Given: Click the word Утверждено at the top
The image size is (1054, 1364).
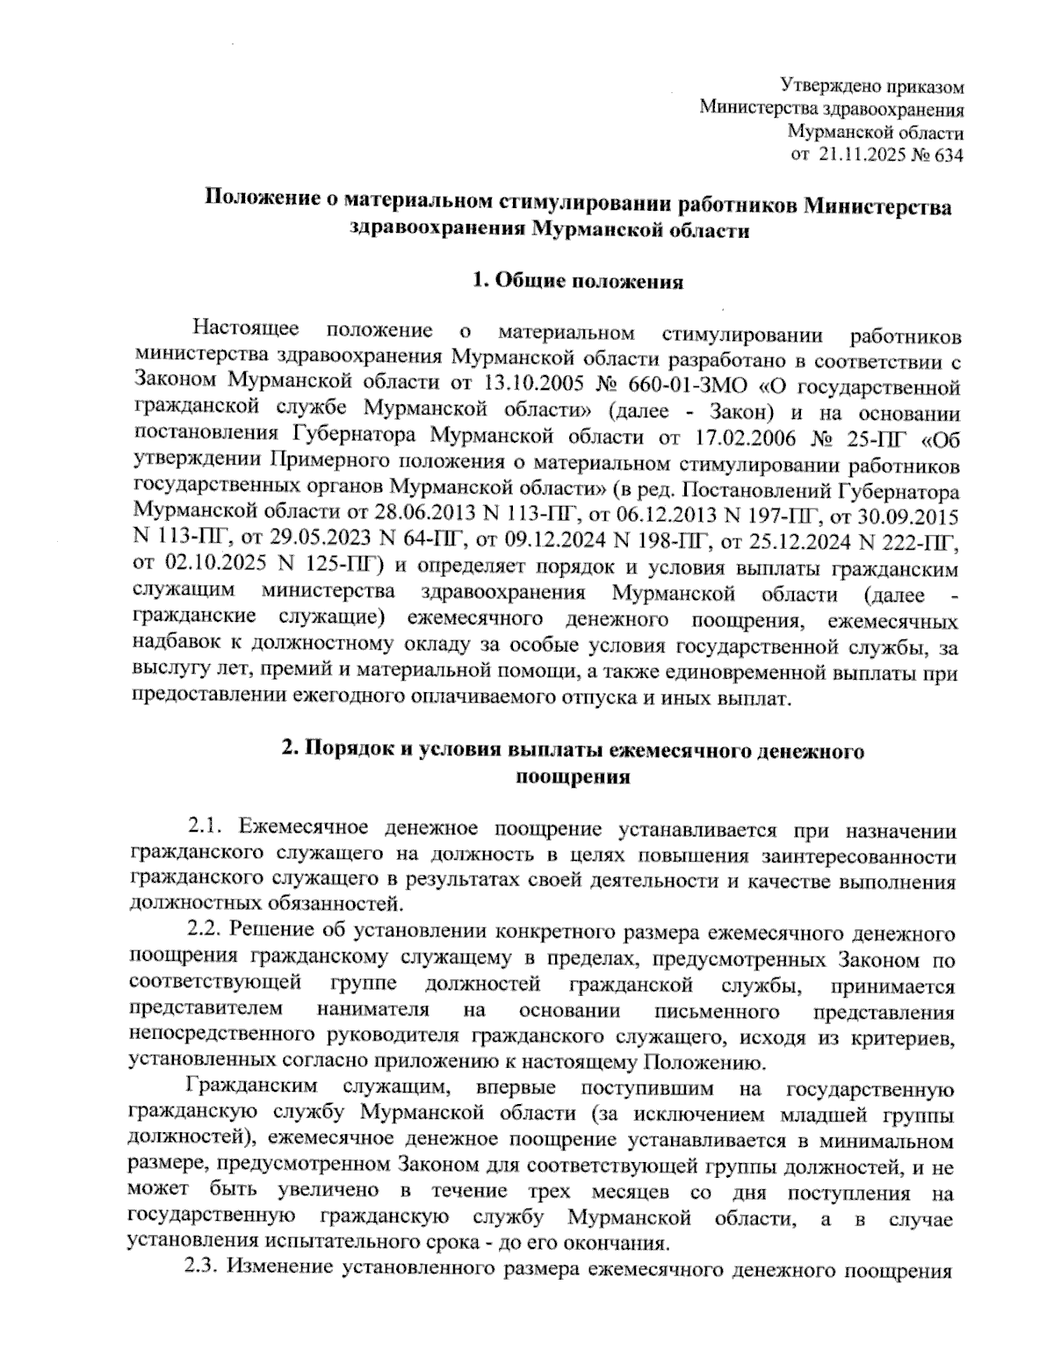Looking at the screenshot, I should (820, 87).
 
